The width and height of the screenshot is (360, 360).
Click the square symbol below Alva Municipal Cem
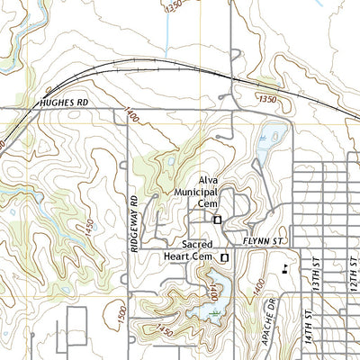point(217,219)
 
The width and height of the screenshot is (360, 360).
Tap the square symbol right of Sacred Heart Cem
point(225,257)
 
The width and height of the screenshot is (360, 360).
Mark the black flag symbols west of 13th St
point(286,268)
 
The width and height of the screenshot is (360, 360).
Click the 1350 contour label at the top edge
point(173,6)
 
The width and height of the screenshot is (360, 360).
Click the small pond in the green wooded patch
point(167,163)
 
